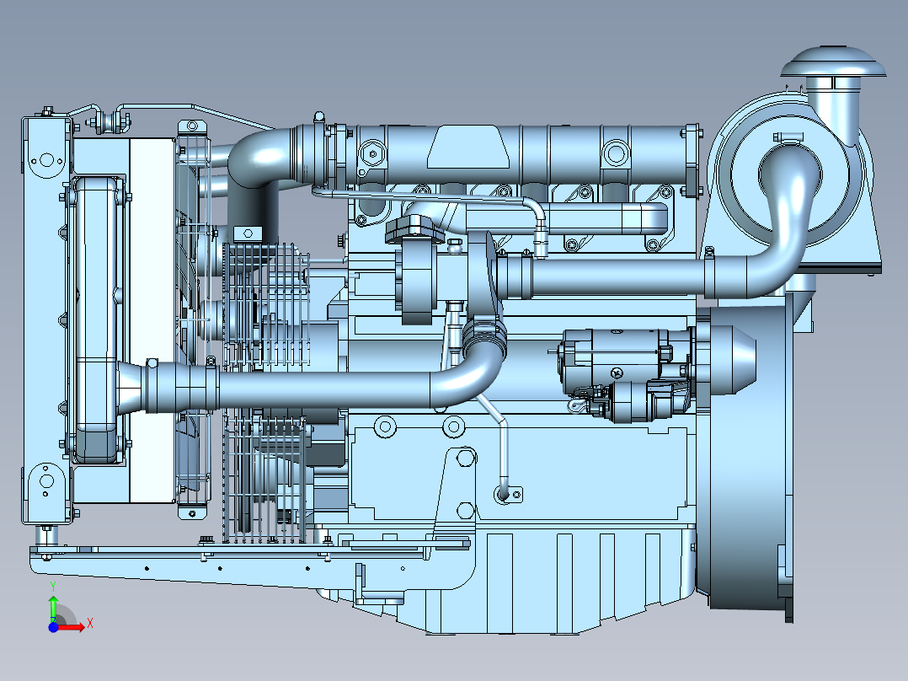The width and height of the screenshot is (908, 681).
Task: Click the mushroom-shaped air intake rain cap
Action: [833, 62]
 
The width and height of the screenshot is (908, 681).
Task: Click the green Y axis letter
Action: [53, 587]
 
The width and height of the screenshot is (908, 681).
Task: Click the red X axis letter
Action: [90, 624]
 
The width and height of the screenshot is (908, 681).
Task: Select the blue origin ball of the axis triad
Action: [53, 627]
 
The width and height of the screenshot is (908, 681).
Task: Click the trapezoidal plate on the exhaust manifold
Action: [468, 147]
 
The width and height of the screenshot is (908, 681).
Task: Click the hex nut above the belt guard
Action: [248, 233]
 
